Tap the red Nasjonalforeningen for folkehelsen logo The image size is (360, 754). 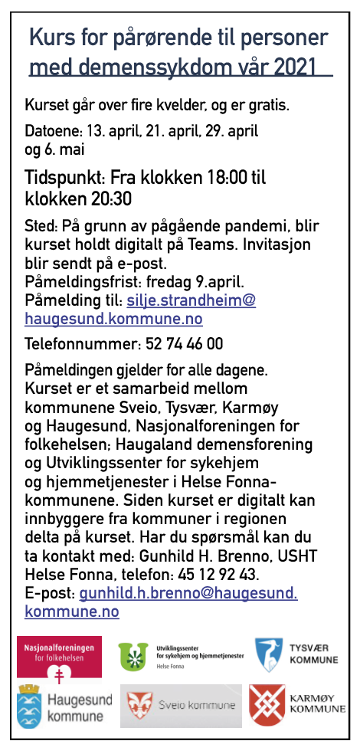pyautogui.click(x=58, y=656)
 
